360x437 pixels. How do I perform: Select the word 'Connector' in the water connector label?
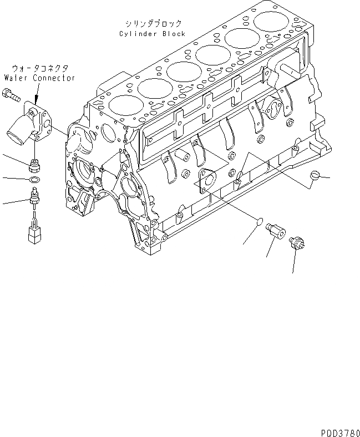point(54,78)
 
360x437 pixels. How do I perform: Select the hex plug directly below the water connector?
point(35,165)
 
